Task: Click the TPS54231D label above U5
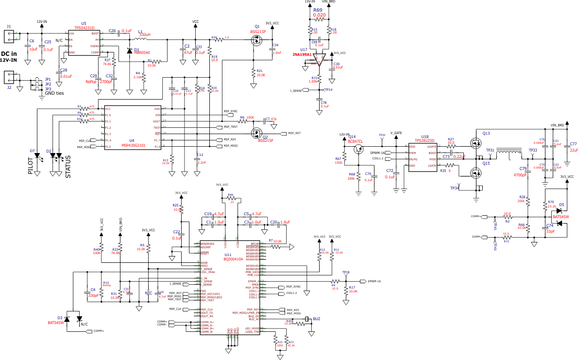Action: coord(84,28)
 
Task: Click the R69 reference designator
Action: coord(318,10)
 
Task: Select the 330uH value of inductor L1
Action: coord(146,35)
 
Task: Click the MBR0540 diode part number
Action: coord(142,52)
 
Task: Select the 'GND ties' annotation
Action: coord(54,93)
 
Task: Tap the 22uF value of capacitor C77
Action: coord(574,150)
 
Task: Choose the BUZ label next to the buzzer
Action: coord(316,319)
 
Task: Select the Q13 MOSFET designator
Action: coord(486,133)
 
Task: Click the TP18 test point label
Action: coord(345,273)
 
